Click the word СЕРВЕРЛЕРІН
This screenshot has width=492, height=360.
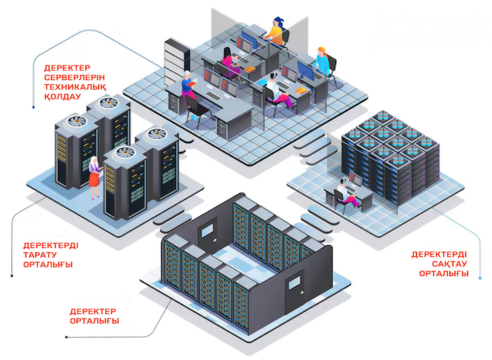point(74,77)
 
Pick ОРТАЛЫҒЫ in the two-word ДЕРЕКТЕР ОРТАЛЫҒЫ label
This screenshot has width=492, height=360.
point(94,321)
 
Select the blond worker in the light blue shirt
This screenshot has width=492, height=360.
point(322,62)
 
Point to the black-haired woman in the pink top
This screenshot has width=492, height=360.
point(229,63)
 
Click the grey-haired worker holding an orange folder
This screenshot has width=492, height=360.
point(188,87)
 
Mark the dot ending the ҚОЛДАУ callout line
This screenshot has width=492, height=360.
point(33,106)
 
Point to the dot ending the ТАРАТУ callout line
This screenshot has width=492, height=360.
point(12,275)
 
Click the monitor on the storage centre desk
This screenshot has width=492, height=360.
point(355,180)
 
